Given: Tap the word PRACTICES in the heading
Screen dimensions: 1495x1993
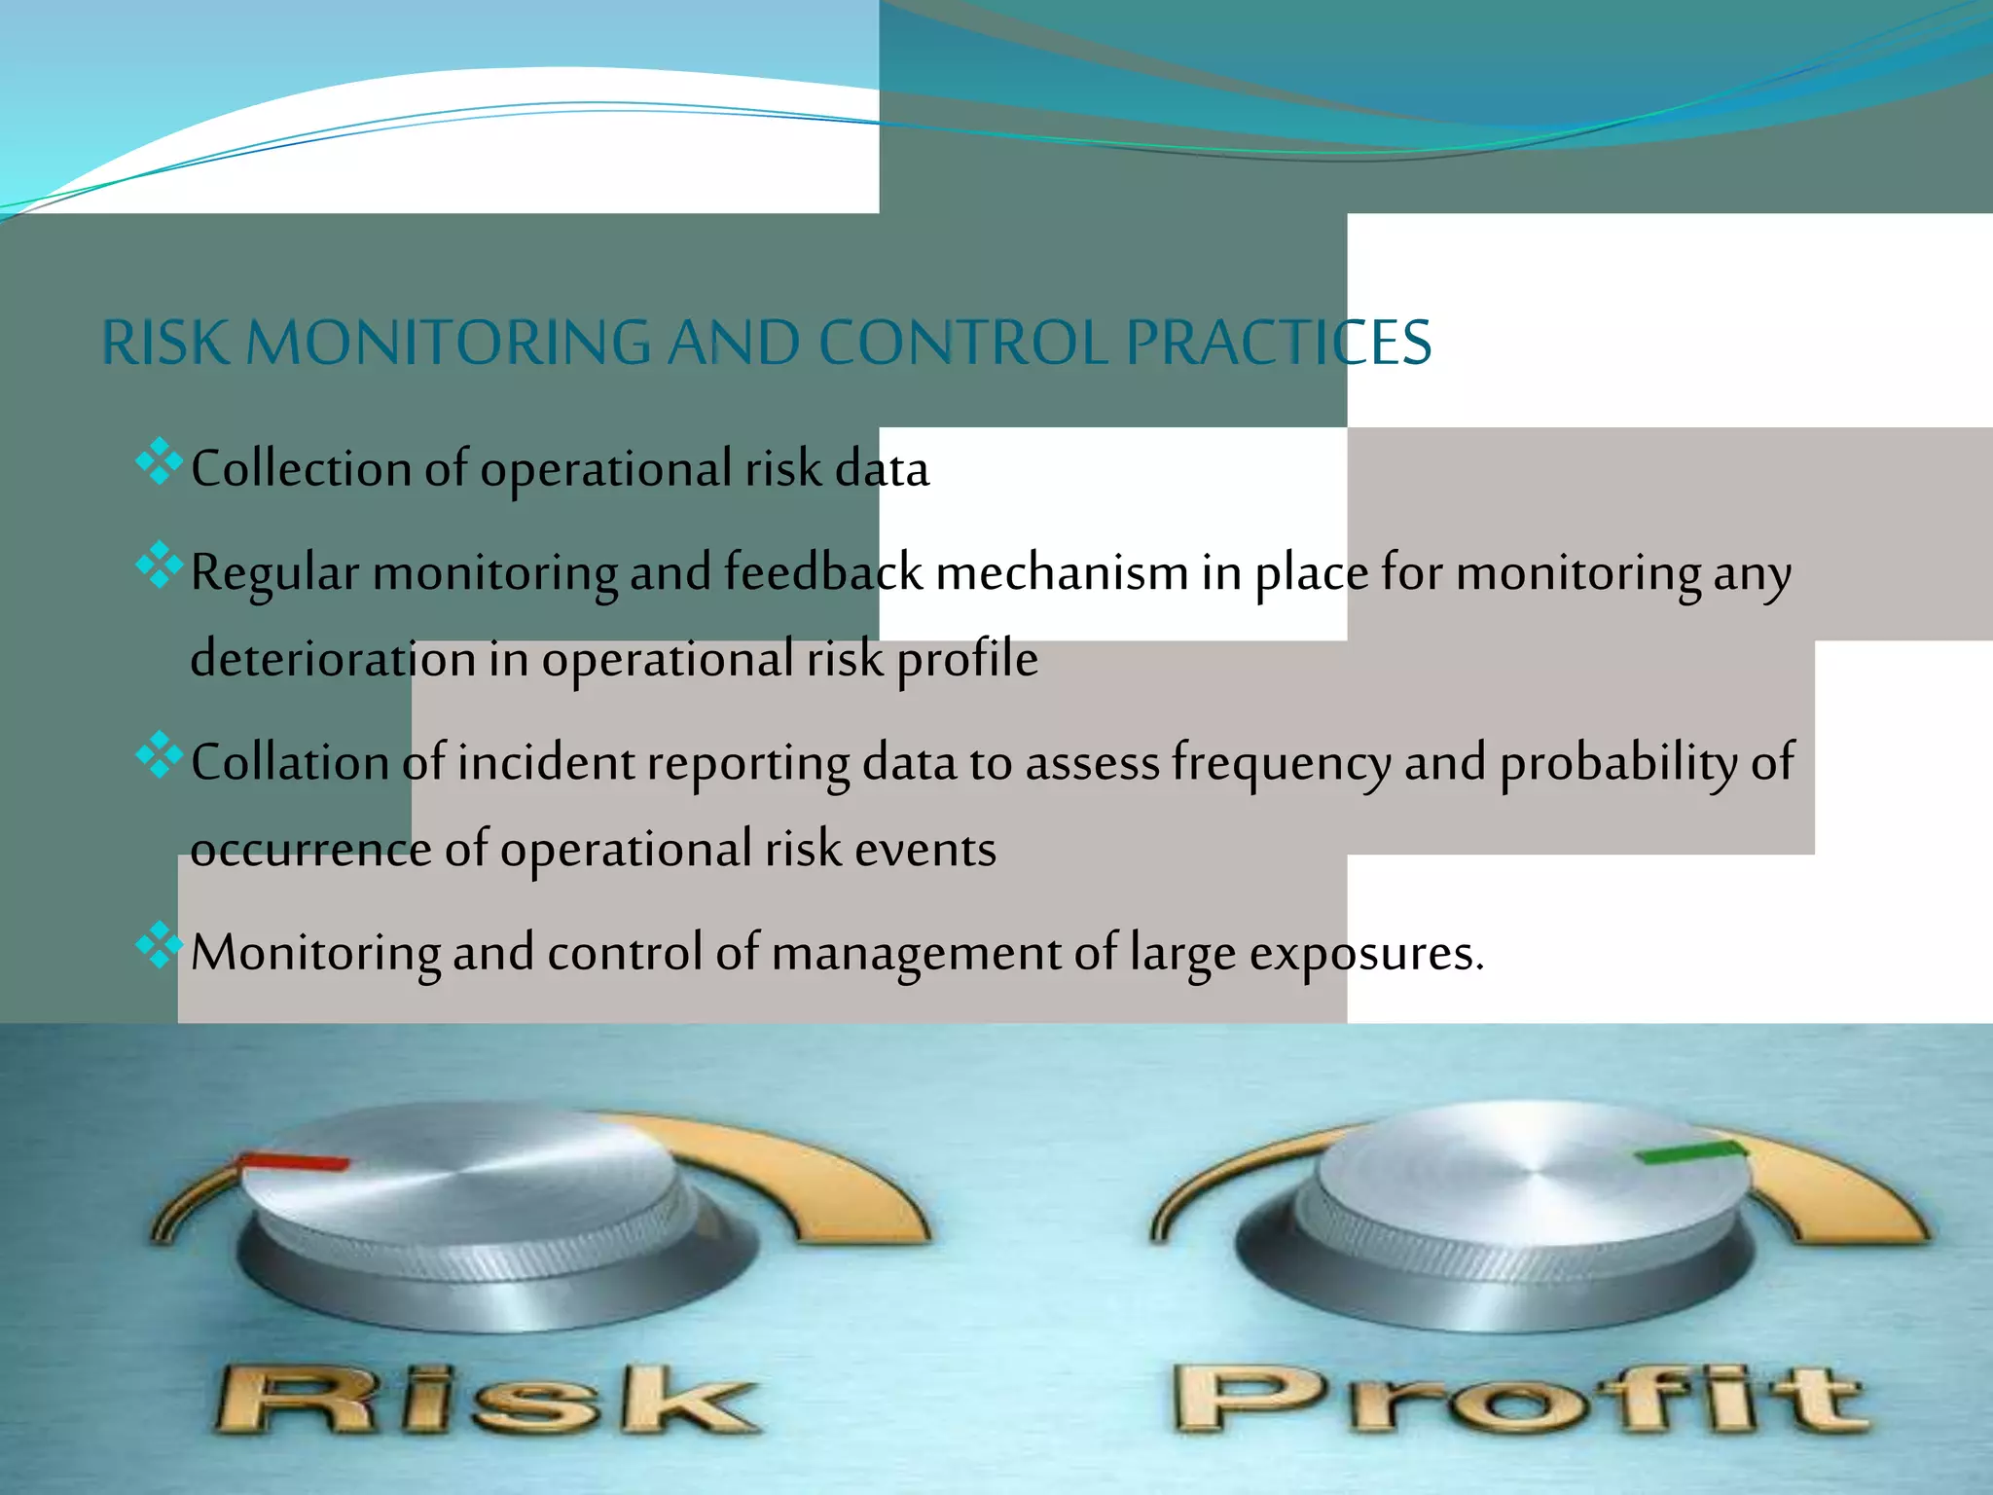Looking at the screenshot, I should pos(1278,343).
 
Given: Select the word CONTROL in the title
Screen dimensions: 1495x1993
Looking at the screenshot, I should pos(962,343).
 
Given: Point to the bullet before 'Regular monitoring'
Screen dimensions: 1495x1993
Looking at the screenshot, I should pos(160,565).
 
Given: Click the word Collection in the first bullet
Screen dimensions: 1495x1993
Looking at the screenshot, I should pos(301,469).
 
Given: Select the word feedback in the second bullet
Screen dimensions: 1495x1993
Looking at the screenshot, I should pos(822,571).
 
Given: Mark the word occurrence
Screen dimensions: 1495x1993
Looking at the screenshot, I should pos(310,850).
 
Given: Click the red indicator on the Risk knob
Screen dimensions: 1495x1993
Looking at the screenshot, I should pos(295,1161).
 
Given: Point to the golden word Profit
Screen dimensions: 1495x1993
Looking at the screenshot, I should pos(1518,1400).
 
